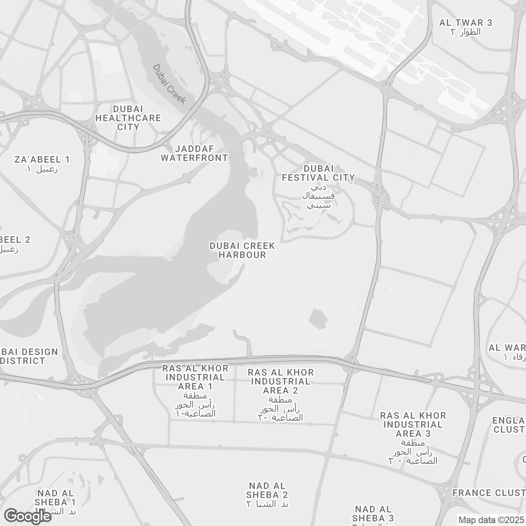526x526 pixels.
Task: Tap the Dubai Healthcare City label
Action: (128, 118)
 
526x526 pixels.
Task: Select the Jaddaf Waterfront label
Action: (194, 153)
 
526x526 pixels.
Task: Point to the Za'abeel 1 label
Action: (42, 159)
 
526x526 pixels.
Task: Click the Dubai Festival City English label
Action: (318, 173)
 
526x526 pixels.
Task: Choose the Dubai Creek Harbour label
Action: (242, 250)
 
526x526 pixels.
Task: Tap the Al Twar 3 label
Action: (466, 23)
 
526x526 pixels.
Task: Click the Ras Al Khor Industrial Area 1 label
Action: (194, 377)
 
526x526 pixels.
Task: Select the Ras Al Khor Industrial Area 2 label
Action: (281, 381)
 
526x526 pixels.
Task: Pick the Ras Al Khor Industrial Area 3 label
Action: (413, 424)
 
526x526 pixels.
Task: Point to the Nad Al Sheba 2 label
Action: (268, 491)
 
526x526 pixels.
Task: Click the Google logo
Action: (28, 516)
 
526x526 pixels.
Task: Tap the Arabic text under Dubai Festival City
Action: (318, 196)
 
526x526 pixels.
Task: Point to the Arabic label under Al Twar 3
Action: (465, 32)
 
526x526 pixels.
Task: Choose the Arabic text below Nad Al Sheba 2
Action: (268, 504)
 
